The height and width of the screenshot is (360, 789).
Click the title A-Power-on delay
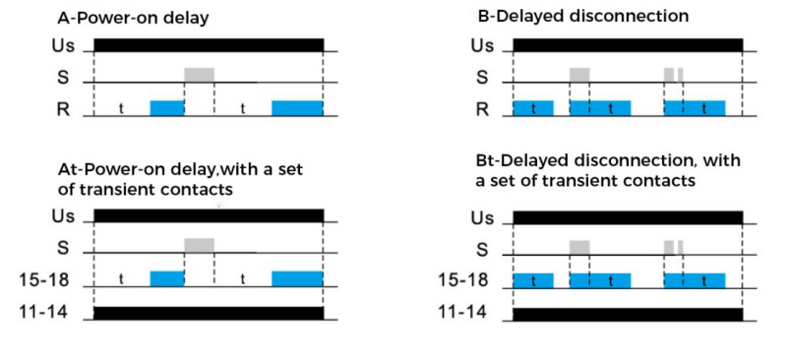click(133, 19)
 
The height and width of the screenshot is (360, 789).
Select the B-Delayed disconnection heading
click(582, 16)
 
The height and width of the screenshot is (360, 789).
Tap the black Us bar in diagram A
click(209, 44)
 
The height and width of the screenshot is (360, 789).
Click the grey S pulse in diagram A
click(200, 75)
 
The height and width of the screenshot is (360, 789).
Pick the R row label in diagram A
click(63, 109)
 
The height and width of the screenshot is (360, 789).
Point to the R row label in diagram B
click(482, 109)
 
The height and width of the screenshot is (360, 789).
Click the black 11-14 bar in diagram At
click(209, 313)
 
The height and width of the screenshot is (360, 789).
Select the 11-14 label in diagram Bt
click(461, 312)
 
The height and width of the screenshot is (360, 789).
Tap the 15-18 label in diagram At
click(43, 280)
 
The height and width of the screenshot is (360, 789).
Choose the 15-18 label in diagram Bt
click(462, 280)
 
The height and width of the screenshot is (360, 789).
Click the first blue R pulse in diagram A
click(167, 108)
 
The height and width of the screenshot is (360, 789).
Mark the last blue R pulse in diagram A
click(297, 108)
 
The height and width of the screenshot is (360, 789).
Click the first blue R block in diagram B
click(533, 108)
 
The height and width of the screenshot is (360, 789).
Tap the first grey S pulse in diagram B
click(579, 75)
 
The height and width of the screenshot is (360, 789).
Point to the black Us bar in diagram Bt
click(628, 217)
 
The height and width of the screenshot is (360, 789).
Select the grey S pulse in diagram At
click(200, 245)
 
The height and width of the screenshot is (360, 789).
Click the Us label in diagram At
click(63, 216)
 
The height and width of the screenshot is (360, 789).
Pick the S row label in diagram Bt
click(482, 249)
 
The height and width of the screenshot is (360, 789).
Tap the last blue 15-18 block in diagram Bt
click(695, 280)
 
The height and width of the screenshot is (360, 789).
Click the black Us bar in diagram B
click(628, 44)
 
